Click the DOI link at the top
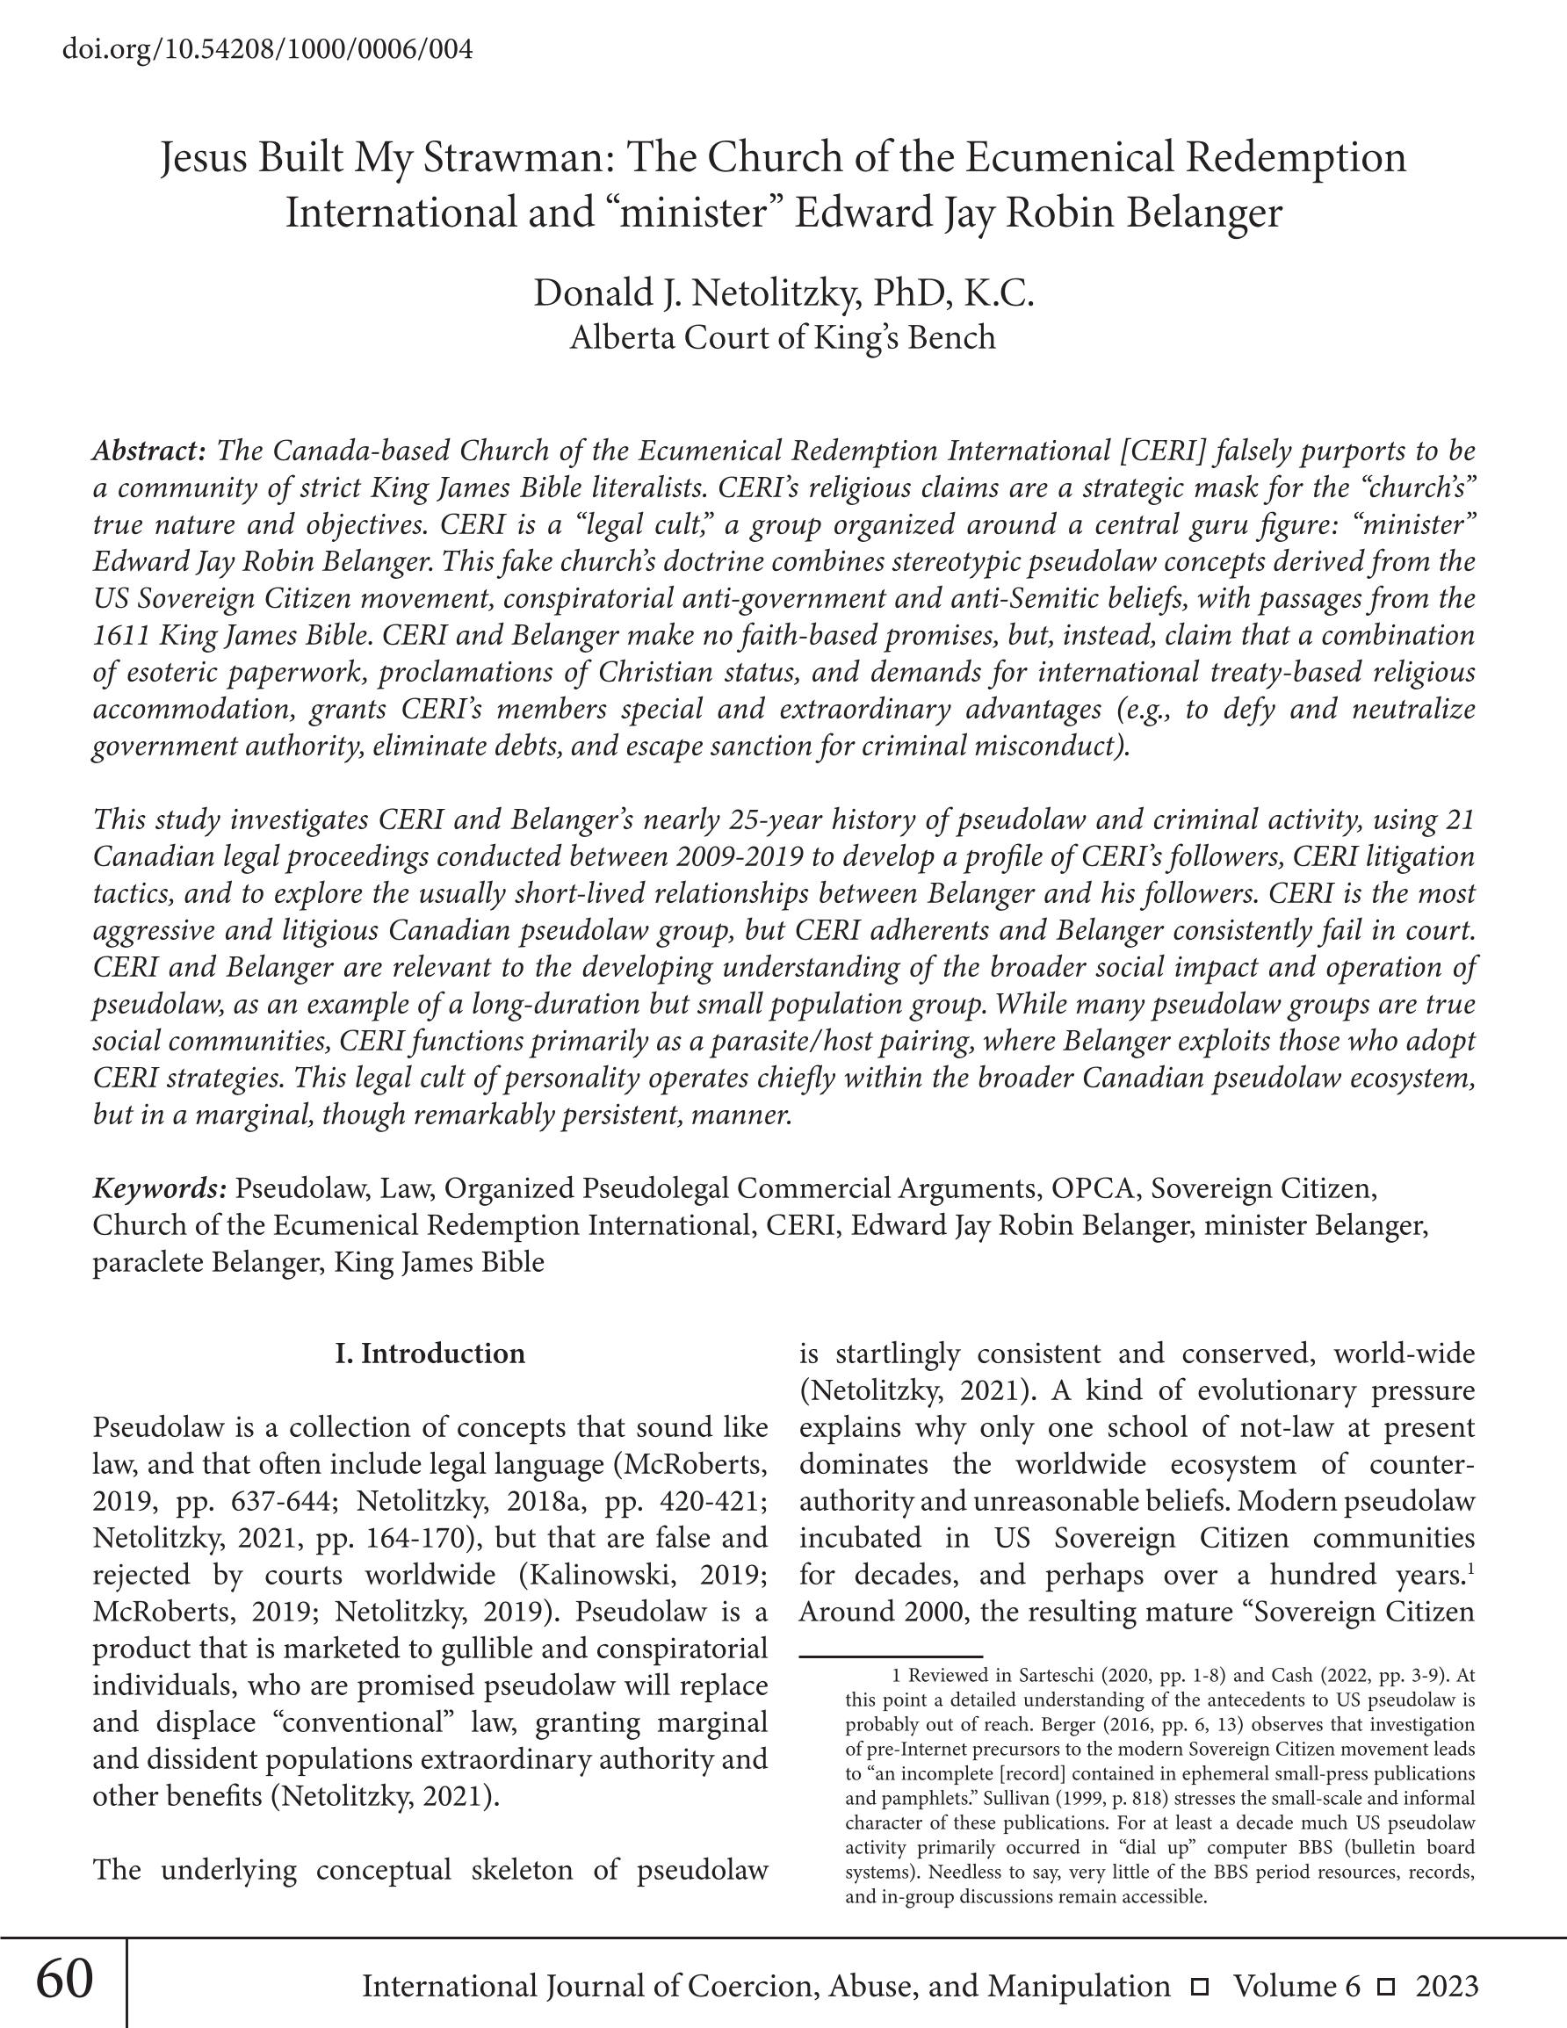(x=268, y=48)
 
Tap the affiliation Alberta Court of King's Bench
(x=782, y=337)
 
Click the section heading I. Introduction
(x=430, y=1353)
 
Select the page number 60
(x=64, y=1979)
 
